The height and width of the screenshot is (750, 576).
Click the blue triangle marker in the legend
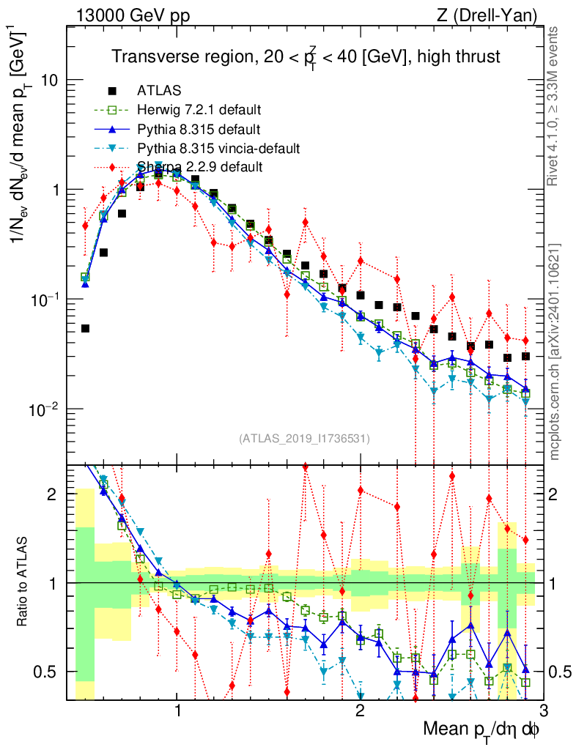tap(112, 130)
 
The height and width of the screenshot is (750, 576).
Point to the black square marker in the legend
tap(112, 92)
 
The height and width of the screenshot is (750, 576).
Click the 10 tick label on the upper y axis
tap(49, 80)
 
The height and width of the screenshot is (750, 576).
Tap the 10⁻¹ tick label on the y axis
tap(45, 299)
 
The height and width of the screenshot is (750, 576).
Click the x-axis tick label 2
tap(360, 710)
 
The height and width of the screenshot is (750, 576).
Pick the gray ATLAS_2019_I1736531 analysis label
tap(304, 439)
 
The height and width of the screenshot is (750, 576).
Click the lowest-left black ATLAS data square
tap(85, 329)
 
